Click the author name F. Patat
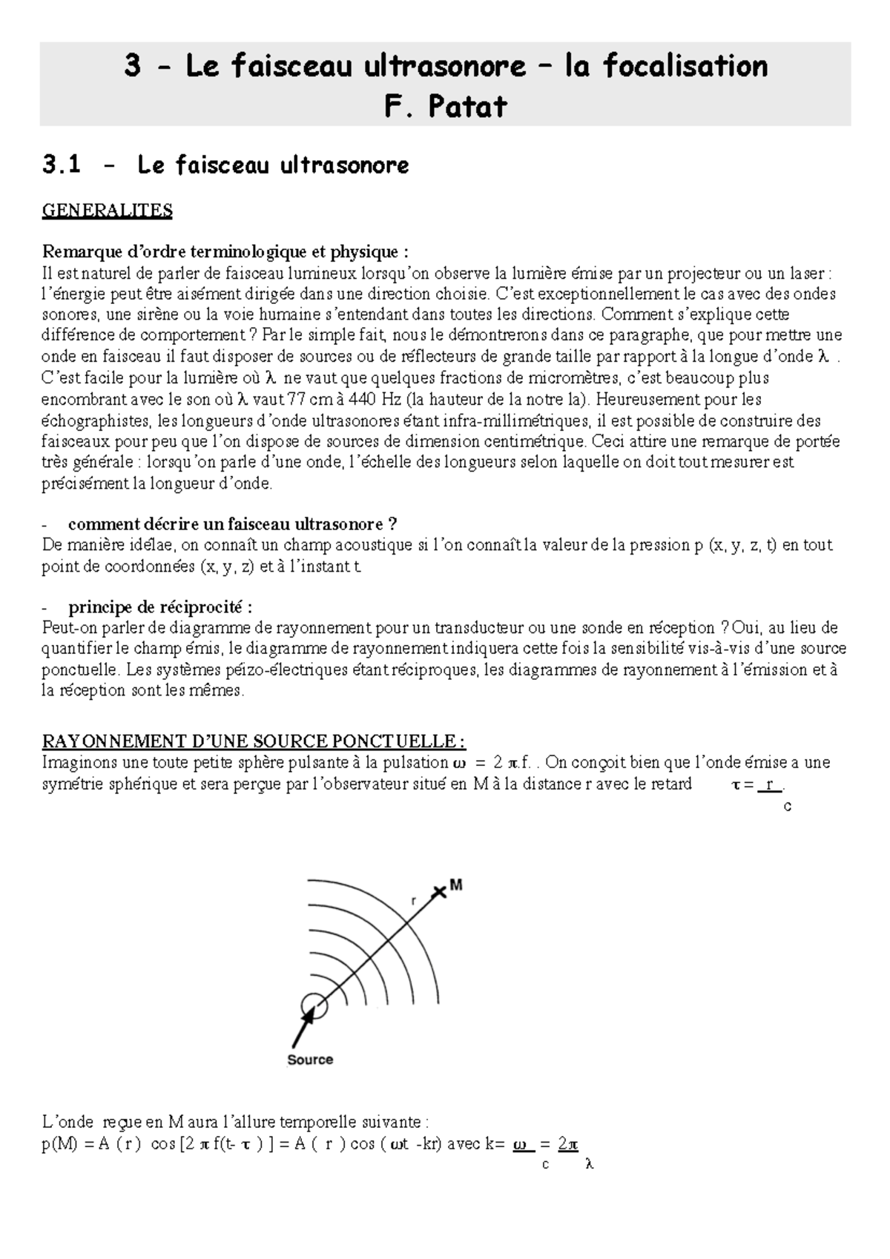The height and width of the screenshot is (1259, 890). (445, 106)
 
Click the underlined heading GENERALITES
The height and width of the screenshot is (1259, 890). (107, 211)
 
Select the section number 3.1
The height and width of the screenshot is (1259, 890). (62, 165)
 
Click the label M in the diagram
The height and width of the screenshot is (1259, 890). (456, 885)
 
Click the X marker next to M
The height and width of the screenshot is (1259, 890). (440, 893)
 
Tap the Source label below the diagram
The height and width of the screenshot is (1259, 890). (310, 1060)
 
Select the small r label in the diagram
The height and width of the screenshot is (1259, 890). (413, 901)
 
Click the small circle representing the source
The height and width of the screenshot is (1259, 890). (314, 1006)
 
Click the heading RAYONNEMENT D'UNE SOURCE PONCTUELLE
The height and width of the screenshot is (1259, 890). (254, 741)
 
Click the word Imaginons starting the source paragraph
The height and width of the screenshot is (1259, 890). (77, 763)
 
